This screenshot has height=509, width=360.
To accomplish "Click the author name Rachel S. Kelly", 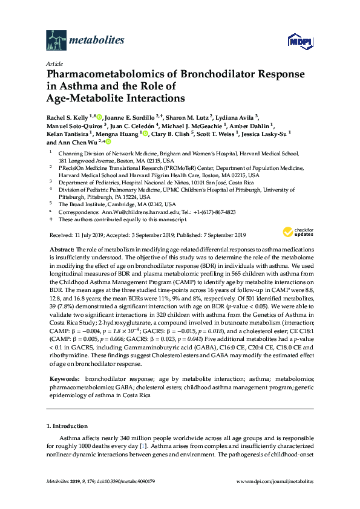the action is point(67,117).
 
